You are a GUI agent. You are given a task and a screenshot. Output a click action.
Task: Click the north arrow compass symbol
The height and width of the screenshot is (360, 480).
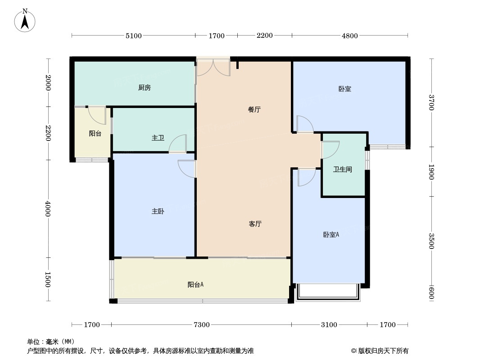tap(25, 21)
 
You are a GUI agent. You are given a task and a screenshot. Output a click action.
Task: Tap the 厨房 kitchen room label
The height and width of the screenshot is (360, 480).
tap(145, 88)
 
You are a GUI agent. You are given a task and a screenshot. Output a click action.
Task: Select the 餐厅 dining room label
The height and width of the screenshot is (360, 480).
tap(254, 109)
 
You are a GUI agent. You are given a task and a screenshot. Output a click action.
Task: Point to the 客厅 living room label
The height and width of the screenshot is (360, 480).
tap(255, 224)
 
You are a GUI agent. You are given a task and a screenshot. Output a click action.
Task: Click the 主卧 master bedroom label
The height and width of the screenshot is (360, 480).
tap(158, 211)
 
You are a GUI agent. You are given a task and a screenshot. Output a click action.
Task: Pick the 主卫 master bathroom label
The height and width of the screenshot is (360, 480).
tap(158, 138)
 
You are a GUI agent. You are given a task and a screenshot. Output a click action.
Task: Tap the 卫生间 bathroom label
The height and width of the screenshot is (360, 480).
tap(343, 170)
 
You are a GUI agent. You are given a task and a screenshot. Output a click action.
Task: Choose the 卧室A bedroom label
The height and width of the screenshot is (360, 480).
tap(331, 234)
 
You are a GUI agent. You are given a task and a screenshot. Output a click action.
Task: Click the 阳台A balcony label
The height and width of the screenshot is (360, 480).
tap(195, 285)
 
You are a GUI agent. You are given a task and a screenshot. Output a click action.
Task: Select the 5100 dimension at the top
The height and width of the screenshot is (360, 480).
tap(134, 36)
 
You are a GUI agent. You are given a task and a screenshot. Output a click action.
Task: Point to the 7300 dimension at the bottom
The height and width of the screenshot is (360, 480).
tap(202, 324)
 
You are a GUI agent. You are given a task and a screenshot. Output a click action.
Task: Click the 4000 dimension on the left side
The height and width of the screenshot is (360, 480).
tap(48, 209)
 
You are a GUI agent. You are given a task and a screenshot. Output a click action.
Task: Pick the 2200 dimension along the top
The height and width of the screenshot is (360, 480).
tap(265, 36)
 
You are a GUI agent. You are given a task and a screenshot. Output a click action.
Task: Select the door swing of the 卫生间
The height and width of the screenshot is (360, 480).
tap(330, 149)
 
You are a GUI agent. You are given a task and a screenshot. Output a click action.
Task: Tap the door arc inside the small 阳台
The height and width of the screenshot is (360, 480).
tap(97, 115)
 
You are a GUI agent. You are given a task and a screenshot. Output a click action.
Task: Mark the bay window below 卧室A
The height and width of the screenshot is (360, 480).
tap(328, 292)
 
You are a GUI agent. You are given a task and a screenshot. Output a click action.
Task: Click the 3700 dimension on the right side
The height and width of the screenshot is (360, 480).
tap(431, 103)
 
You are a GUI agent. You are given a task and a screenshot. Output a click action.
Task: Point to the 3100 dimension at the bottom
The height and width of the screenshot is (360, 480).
tap(329, 324)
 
